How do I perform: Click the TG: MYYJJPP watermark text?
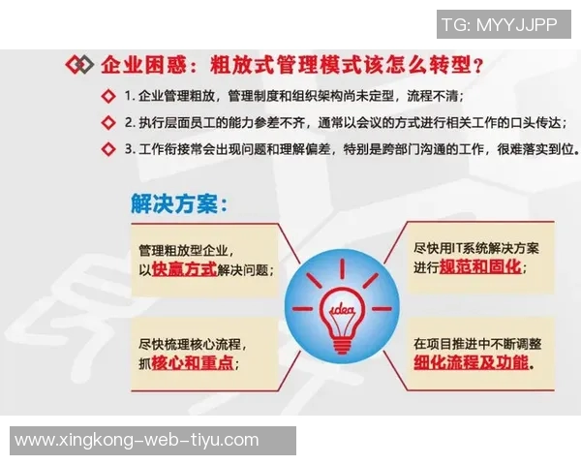point(499,24)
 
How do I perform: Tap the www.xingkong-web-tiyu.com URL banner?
point(138,440)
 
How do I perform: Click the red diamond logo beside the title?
point(78,66)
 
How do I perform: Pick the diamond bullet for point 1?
point(107,96)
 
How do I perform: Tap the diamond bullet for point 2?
point(107,123)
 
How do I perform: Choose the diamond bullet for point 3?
point(107,150)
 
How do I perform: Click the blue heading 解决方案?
point(178,204)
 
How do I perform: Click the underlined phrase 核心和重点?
point(194,363)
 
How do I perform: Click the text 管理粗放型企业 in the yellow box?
point(185,250)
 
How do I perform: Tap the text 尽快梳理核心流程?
point(192,344)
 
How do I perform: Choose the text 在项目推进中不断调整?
point(477,343)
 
